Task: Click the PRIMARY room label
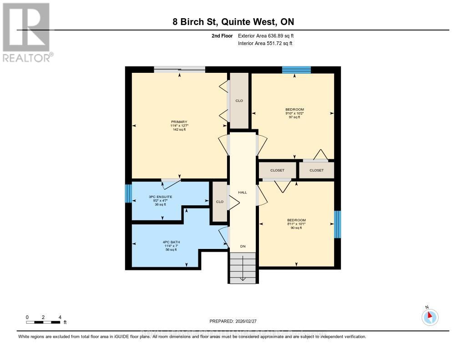click(178, 122)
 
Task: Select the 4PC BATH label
click(171, 242)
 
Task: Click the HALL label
click(243, 193)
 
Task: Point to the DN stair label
click(243, 246)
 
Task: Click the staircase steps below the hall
click(243, 268)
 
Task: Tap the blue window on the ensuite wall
click(128, 193)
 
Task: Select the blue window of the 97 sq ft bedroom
click(296, 70)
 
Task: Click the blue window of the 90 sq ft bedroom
click(337, 224)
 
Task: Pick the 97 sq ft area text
click(294, 117)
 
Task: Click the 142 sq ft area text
click(178, 130)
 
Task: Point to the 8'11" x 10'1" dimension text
click(296, 224)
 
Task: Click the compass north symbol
click(430, 317)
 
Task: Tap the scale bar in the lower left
click(43, 322)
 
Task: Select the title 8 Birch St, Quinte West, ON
click(233, 22)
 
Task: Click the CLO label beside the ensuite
click(220, 202)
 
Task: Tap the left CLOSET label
click(277, 170)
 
